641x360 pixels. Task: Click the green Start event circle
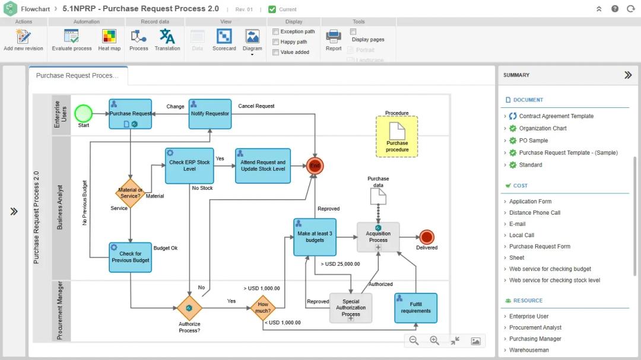(x=84, y=113)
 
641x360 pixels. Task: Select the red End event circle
(x=315, y=166)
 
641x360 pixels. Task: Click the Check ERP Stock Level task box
(x=189, y=165)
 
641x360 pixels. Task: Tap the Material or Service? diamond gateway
(x=130, y=193)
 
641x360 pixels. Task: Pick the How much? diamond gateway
(x=263, y=308)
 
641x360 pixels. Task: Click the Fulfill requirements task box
(x=415, y=308)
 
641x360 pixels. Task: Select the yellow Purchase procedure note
(x=396, y=136)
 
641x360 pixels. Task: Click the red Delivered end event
(x=426, y=237)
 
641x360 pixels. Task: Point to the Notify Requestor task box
(x=210, y=113)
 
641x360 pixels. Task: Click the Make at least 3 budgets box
(x=315, y=237)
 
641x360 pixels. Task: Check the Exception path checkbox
(x=276, y=31)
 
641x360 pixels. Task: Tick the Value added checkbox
(x=276, y=52)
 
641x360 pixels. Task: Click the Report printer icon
(x=334, y=37)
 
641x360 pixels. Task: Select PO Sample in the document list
(x=533, y=141)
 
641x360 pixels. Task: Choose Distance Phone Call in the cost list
(x=534, y=212)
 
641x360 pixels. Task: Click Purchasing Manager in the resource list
(x=535, y=339)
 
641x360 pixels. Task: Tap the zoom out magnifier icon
(x=414, y=340)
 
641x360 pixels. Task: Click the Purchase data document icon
(x=378, y=196)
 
